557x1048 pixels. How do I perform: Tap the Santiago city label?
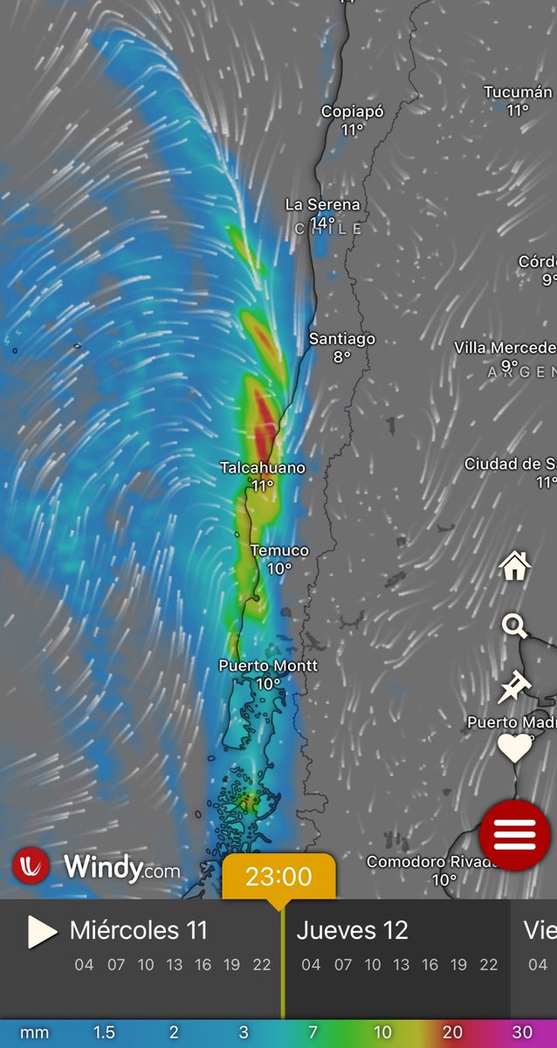342,339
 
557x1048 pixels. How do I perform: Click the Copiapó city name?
353,112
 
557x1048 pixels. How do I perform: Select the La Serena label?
322,204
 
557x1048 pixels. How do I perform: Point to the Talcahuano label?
263,468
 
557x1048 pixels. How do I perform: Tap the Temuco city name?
279,550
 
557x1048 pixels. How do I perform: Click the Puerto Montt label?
268,666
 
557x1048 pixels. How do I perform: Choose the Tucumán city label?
518,93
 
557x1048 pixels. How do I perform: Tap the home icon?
515,567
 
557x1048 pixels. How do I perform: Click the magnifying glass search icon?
515,625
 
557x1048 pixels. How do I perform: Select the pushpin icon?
514,687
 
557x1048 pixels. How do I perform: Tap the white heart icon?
515,748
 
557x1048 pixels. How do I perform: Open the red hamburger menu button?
515,835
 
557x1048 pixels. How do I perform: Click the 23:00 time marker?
278,876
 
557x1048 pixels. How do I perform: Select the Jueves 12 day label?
352,931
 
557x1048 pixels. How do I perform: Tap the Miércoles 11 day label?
139,931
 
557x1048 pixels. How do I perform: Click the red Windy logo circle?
31,865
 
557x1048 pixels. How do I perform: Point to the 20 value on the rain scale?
452,1033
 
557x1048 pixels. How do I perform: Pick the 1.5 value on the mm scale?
104,1033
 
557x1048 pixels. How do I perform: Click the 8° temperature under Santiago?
341,356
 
